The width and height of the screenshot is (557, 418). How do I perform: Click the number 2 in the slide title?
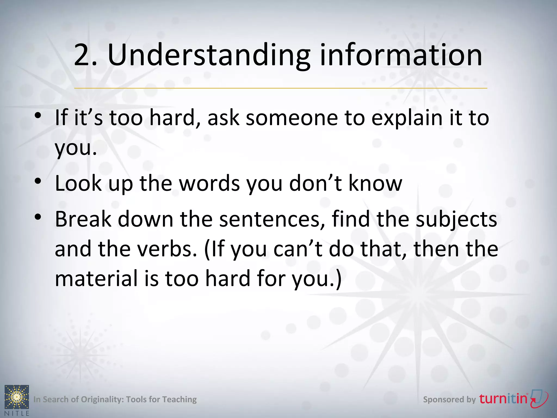82,55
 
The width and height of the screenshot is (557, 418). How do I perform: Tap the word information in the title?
401,55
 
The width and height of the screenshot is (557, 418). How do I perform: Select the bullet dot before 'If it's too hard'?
38,116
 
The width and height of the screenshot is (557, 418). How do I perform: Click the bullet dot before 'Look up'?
38,181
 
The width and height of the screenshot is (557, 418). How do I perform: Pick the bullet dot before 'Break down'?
38,217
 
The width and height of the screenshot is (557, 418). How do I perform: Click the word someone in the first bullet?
292,118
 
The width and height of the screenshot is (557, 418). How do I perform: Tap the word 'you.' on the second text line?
76,149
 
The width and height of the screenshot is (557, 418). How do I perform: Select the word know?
375,183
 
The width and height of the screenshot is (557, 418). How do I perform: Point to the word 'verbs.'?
167,249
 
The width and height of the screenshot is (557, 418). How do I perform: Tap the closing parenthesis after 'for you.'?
339,279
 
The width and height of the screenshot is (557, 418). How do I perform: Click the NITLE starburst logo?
17,397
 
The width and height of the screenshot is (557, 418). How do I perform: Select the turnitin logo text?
503,399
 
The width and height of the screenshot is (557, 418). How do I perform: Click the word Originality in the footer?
102,399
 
